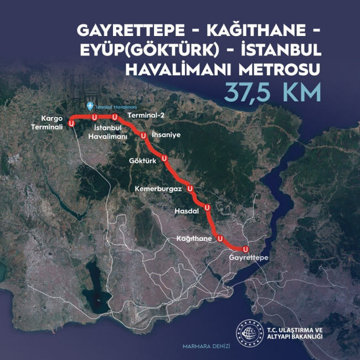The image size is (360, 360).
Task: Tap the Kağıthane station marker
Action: (x=220, y=239)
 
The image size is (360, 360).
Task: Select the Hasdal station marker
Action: (x=207, y=208)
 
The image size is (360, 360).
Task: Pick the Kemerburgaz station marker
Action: (x=191, y=188)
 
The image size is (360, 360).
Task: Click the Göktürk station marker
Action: (x=164, y=160)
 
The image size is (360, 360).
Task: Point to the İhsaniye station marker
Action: (x=143, y=135)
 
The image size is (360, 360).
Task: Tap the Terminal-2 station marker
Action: (x=115, y=117)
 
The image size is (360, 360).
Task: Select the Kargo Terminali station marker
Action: (x=71, y=122)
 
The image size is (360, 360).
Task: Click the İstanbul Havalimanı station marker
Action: (x=95, y=117)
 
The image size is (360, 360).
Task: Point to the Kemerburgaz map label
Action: (x=158, y=189)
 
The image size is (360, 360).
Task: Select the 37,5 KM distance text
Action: (x=273, y=92)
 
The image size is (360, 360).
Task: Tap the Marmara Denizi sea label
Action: (x=206, y=346)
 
